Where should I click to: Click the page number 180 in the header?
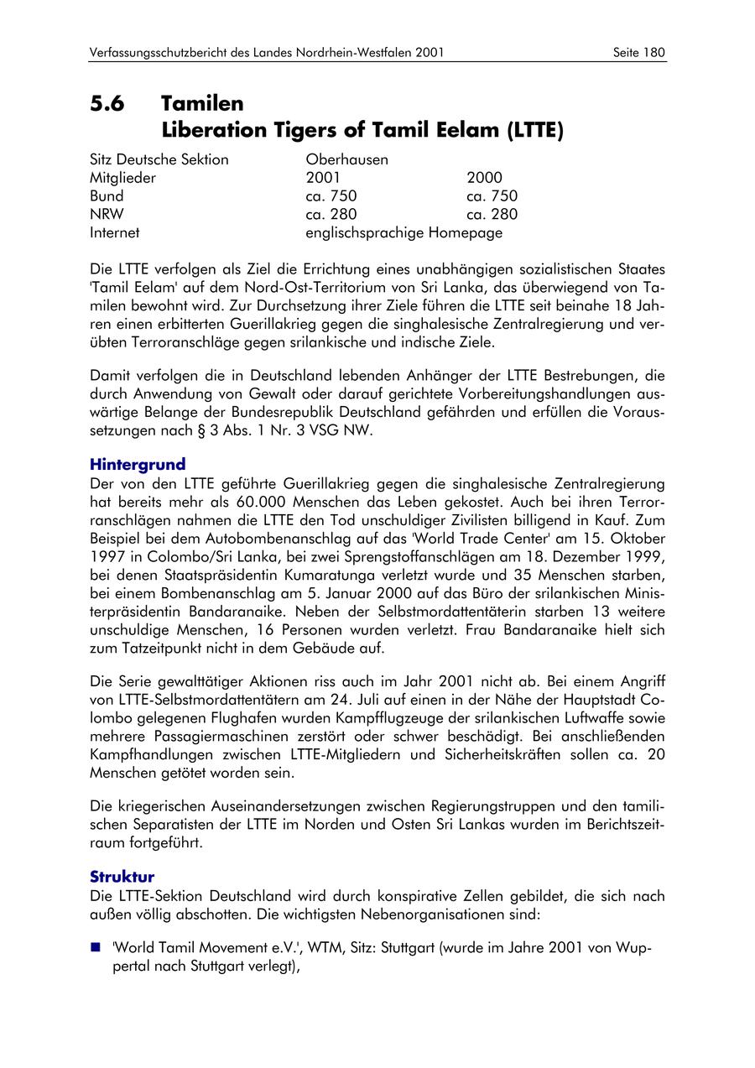tap(653, 52)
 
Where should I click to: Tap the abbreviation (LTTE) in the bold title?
tap(534, 130)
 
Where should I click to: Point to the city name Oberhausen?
tap(346, 159)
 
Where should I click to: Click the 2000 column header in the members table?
tap(484, 178)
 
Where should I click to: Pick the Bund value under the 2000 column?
tap(492, 196)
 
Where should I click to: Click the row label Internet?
tap(115, 233)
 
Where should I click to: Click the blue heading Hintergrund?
tap(138, 464)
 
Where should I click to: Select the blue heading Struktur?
tap(122, 876)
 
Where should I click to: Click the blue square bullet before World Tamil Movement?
tap(95, 948)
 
